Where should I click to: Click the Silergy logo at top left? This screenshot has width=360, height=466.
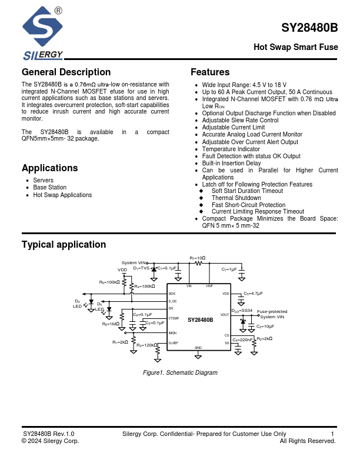(42, 32)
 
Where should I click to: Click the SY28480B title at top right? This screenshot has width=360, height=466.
(309, 28)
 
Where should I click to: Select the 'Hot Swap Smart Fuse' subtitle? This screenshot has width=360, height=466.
(296, 47)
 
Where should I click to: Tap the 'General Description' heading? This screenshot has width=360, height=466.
(66, 72)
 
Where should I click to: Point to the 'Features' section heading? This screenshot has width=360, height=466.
(210, 72)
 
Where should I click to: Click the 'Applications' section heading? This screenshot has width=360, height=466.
(49, 168)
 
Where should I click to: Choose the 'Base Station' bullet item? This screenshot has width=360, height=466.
(49, 188)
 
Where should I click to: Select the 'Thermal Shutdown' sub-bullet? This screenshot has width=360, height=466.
(236, 198)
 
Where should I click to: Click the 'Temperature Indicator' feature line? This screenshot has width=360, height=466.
(231, 149)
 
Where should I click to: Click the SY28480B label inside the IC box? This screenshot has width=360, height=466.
(200, 320)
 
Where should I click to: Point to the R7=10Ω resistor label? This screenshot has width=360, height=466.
(198, 258)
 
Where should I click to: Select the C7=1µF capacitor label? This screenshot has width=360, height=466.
(229, 269)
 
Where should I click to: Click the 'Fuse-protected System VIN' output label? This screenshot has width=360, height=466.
(272, 314)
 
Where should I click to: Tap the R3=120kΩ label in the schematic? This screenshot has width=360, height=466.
(147, 345)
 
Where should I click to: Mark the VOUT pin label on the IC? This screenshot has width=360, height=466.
(225, 315)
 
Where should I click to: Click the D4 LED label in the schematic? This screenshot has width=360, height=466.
(77, 304)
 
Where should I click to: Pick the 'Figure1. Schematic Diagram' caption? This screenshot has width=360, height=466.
(180, 373)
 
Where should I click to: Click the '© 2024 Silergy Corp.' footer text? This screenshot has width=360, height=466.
(50, 441)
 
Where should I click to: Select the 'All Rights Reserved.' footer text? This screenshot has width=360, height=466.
(308, 441)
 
